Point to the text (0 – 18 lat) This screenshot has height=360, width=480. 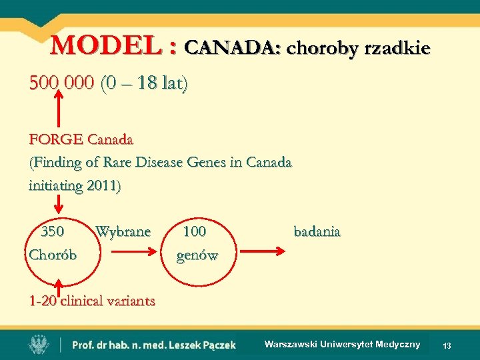click(x=143, y=84)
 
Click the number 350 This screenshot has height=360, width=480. click(x=53, y=232)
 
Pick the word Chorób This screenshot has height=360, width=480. click(x=53, y=255)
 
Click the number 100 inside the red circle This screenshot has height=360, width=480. click(x=194, y=232)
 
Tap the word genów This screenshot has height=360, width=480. click(x=197, y=255)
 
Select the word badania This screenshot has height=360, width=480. click(x=317, y=232)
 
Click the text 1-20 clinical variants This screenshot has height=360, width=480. click(x=92, y=300)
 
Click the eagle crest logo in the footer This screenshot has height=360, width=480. click(x=38, y=344)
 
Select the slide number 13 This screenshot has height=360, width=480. click(x=447, y=345)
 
